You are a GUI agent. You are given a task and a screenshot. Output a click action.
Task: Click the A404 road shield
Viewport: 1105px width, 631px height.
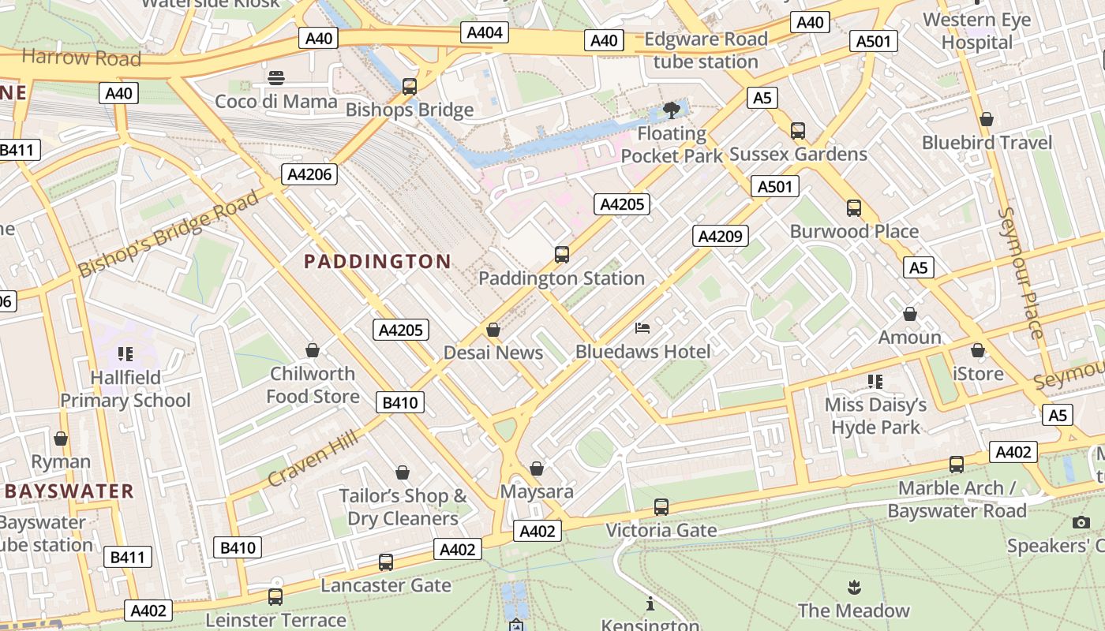pyautogui.click(x=485, y=32)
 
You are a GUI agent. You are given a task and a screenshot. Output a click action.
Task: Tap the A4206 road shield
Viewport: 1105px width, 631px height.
pyautogui.click(x=310, y=174)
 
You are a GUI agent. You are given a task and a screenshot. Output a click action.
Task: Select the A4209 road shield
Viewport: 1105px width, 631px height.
pyautogui.click(x=721, y=235)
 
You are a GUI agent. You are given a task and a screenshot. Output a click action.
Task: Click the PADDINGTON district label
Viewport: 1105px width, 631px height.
pyautogui.click(x=377, y=261)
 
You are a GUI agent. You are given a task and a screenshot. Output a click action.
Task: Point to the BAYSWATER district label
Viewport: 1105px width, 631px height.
pyautogui.click(x=69, y=491)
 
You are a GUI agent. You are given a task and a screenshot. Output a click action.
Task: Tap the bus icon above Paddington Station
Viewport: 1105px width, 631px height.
pyautogui.click(x=562, y=255)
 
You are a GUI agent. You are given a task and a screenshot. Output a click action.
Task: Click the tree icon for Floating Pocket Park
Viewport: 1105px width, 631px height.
pyautogui.click(x=672, y=110)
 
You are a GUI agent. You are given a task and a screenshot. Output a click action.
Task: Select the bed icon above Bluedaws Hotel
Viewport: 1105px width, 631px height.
pyautogui.click(x=642, y=328)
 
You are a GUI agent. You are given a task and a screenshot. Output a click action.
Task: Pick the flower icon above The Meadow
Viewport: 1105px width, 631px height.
pyautogui.click(x=853, y=587)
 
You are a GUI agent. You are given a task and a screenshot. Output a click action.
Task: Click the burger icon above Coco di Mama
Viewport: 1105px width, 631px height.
pyautogui.click(x=276, y=78)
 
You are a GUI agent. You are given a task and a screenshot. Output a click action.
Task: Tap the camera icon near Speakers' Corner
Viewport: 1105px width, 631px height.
pyautogui.click(x=1081, y=522)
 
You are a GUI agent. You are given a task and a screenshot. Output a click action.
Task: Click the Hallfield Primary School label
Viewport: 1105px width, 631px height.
pyautogui.click(x=125, y=389)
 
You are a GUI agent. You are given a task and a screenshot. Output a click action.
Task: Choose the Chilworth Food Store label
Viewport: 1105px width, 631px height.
pyautogui.click(x=313, y=384)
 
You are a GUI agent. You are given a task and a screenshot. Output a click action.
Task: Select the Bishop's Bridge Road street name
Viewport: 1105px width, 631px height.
pyautogui.click(x=170, y=233)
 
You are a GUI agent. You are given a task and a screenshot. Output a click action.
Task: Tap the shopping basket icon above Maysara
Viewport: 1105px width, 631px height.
pyautogui.click(x=537, y=469)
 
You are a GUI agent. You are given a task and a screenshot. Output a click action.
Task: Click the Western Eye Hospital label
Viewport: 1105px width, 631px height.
pyautogui.click(x=976, y=31)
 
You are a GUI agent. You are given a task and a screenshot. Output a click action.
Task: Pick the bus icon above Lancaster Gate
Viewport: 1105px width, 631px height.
pyautogui.click(x=386, y=562)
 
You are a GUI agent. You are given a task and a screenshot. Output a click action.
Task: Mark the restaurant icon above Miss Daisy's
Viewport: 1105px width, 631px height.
pyautogui.click(x=875, y=382)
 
